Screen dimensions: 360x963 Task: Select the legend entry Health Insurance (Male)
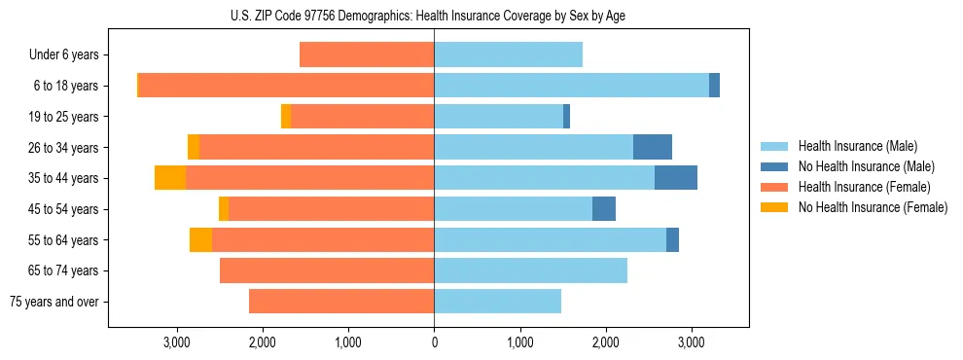tap(857, 146)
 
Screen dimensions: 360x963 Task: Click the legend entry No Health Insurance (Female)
tap(873, 207)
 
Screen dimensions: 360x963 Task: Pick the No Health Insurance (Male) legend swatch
tap(777, 166)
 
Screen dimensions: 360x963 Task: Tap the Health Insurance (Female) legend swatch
tap(777, 187)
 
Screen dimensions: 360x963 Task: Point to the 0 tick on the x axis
tap(434, 342)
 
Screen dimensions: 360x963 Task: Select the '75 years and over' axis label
tap(54, 302)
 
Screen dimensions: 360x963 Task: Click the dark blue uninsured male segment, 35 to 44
tap(676, 178)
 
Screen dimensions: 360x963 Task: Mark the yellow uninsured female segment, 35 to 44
tap(170, 178)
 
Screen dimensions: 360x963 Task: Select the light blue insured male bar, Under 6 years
tap(508, 55)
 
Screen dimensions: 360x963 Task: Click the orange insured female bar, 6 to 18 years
tap(286, 86)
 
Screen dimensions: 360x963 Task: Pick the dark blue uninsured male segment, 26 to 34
tap(653, 147)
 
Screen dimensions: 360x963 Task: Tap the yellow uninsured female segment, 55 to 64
tap(200, 240)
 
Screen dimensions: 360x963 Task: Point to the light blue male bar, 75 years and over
tap(497, 302)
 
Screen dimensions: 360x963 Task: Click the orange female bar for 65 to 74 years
tap(327, 270)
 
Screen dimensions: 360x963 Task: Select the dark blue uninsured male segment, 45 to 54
tap(604, 209)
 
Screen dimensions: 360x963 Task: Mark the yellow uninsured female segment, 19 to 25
tap(286, 117)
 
